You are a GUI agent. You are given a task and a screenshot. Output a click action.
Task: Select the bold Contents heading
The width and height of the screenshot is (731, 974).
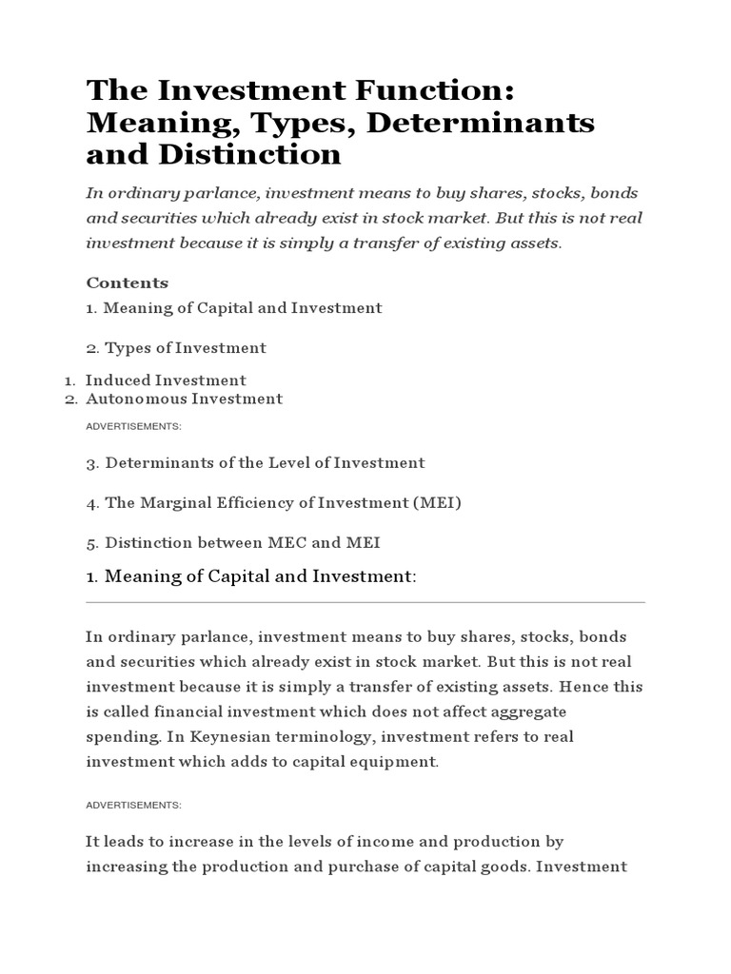[127, 282]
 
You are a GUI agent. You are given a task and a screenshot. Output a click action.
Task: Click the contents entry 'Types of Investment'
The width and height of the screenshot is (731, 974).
[185, 348]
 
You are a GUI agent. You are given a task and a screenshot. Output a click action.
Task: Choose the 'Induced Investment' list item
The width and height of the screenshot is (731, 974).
[166, 380]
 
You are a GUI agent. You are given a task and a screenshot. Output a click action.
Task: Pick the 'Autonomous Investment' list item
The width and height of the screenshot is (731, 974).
[184, 399]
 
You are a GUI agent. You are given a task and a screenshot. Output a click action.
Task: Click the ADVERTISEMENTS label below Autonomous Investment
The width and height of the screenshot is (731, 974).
[133, 426]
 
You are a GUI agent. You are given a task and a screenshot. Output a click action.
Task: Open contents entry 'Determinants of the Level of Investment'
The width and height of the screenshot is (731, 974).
[265, 463]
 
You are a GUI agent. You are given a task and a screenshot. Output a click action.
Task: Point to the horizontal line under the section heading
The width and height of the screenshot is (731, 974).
[365, 602]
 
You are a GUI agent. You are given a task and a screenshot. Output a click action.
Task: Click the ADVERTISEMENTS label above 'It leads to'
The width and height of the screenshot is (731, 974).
[133, 805]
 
